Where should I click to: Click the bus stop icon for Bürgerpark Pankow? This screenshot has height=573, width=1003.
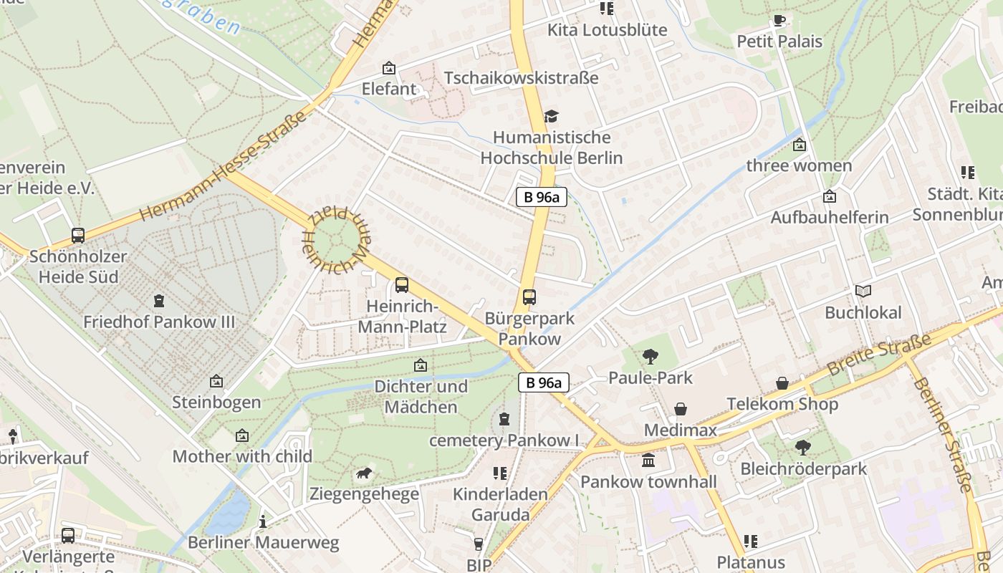pos(529,297)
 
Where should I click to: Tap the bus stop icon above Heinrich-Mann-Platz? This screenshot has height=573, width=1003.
pos(402,285)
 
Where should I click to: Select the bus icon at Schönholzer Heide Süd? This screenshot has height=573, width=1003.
pos(78,235)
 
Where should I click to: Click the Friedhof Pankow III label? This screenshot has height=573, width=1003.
pos(159,322)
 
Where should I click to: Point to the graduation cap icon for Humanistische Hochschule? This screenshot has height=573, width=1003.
pos(551,116)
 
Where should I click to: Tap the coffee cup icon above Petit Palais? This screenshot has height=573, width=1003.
pos(779,20)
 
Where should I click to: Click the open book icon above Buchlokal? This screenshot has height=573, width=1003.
pos(863,291)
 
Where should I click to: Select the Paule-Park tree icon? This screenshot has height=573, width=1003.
pos(651,356)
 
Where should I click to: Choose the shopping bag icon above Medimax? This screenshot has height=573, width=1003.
pos(680,409)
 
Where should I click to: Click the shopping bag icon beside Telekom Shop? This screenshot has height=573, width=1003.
pos(782,384)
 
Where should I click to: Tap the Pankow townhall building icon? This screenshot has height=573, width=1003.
pos(648,461)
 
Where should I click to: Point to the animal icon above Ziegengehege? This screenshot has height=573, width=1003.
pos(364,473)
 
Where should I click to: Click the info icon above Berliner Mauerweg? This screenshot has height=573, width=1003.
pos(263,521)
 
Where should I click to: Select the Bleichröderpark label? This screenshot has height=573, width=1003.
pos(803,469)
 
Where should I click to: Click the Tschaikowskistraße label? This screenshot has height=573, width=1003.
pos(521,77)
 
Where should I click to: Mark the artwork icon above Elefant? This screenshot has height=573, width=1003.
pos(389,68)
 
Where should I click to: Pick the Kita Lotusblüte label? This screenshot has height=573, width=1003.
pos(607,30)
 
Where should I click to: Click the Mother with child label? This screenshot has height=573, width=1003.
pos(242,456)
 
